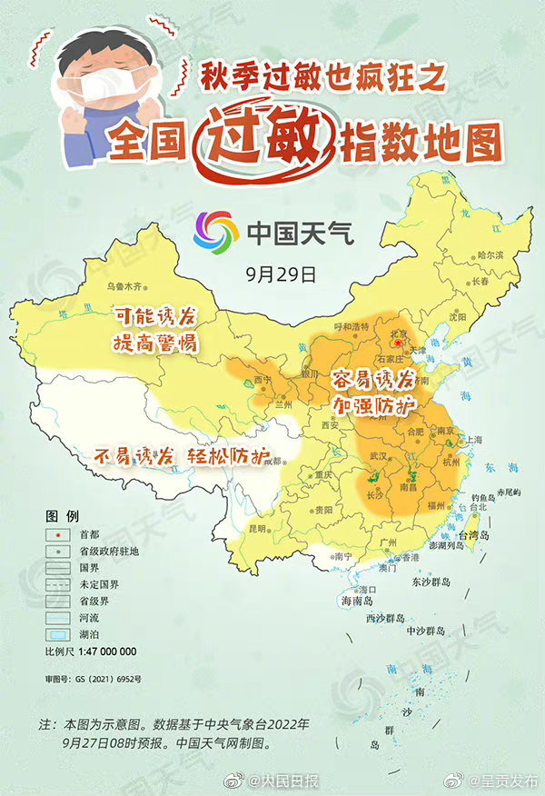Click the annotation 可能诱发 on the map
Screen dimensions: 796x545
click(x=154, y=318)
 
